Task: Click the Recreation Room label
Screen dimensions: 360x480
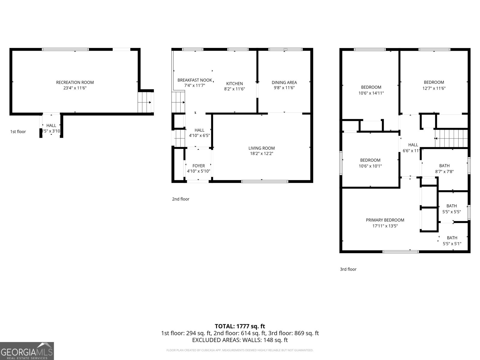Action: [x=75, y=82]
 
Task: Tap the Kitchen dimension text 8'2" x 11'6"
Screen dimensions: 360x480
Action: [x=235, y=89]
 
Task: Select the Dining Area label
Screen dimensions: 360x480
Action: [x=284, y=82]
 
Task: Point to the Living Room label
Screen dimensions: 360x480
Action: [x=261, y=148]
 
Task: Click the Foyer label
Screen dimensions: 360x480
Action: [x=199, y=166]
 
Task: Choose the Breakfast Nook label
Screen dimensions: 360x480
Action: [x=195, y=80]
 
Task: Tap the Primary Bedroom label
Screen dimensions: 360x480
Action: [x=385, y=220]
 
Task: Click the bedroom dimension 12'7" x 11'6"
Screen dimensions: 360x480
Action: [x=434, y=88]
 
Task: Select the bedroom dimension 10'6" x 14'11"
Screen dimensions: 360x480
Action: [x=371, y=93]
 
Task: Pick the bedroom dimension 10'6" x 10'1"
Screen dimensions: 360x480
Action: [x=370, y=166]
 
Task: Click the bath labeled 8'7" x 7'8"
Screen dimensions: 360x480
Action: [x=444, y=166]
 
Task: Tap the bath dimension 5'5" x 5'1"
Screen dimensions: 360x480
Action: [x=452, y=244]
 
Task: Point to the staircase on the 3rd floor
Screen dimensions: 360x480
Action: [x=451, y=139]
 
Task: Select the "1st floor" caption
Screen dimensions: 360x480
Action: [x=18, y=131]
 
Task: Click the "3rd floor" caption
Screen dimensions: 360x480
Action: [x=348, y=269]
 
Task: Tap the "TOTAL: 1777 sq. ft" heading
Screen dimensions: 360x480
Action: [x=240, y=326]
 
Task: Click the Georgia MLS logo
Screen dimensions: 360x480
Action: [x=27, y=351]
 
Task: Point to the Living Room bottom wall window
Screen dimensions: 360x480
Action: [x=265, y=181]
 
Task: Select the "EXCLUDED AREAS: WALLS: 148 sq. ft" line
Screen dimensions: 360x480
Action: [x=240, y=340]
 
